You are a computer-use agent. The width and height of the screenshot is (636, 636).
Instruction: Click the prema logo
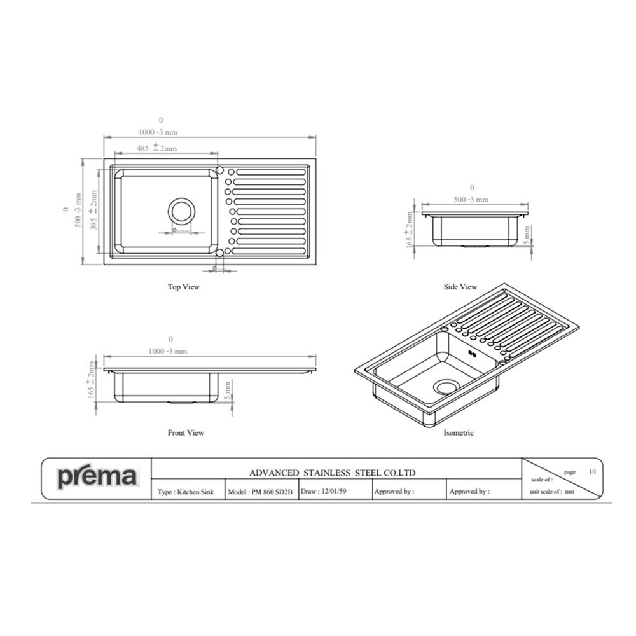(x=97, y=477)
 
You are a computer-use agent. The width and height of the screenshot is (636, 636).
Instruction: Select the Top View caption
(x=184, y=287)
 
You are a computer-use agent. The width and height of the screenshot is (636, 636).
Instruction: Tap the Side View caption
(x=460, y=287)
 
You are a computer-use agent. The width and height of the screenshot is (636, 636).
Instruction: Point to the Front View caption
(x=186, y=432)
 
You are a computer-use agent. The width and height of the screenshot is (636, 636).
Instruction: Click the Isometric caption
(x=459, y=432)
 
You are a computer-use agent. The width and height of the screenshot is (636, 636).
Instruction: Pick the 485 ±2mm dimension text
(x=156, y=148)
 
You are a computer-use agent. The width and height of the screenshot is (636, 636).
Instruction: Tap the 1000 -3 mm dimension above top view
(x=158, y=132)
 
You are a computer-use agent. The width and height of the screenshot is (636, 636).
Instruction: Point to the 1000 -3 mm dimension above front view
(x=168, y=351)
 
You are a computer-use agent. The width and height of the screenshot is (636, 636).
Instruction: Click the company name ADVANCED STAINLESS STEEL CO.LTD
(x=333, y=473)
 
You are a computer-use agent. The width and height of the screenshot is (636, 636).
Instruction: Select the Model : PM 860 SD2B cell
(x=260, y=492)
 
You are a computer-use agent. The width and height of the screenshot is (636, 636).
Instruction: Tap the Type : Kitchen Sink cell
(x=186, y=492)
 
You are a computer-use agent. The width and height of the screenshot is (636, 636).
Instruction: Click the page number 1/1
(x=593, y=472)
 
